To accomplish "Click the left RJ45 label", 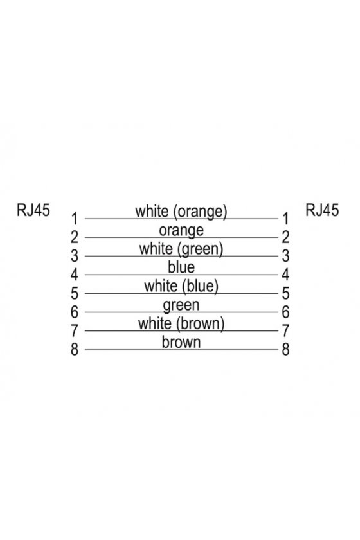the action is tap(33, 210).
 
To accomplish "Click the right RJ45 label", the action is tap(322, 210).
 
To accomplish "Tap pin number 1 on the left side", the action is tap(75, 219).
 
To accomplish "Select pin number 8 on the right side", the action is tap(285, 349).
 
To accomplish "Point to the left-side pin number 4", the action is tap(75, 274).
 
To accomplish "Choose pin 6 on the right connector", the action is tap(285, 312).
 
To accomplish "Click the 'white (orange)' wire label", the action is tap(181, 211).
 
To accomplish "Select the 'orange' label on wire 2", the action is tap(181, 230).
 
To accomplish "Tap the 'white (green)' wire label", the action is tap(181, 249).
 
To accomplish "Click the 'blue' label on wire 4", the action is tap(181, 267).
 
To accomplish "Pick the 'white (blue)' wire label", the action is tap(181, 286).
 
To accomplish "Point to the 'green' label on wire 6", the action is tap(181, 305).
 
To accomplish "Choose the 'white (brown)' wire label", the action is tap(181, 323).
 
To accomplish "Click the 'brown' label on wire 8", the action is tap(181, 342).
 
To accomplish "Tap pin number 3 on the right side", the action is tap(285, 256).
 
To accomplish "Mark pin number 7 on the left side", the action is tap(75, 330).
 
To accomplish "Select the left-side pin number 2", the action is tap(75, 237).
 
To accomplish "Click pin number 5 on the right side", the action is tap(285, 293).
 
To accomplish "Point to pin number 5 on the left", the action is tap(75, 293).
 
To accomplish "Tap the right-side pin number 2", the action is tap(285, 237).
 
